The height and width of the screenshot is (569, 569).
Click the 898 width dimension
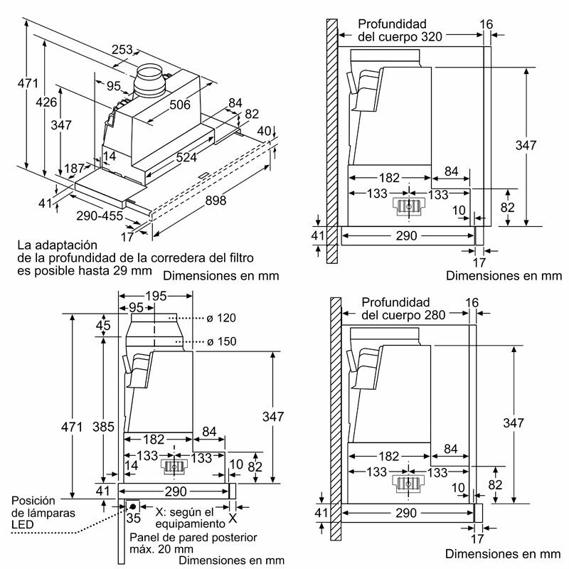pos(216,201)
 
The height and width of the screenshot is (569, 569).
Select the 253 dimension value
pos(123,50)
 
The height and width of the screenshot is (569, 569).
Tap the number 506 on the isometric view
pos(180,105)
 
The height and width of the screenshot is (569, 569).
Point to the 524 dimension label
pos(187,157)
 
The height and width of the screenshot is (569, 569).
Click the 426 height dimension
pos(47,102)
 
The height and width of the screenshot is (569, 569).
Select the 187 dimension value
pos(75,168)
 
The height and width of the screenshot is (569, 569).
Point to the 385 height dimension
pos(104,427)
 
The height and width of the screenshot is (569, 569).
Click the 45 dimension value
pos(103,326)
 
